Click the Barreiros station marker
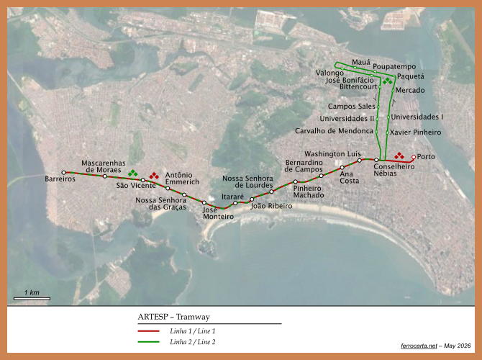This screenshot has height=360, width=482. point(63,173)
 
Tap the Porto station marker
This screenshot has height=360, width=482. point(414,157)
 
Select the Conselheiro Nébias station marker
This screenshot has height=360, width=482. point(376,160)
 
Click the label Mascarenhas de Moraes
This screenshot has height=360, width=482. point(104,166)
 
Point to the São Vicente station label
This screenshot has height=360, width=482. point(136,186)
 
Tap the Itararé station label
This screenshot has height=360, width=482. point(232,197)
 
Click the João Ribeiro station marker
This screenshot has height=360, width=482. point(252,199)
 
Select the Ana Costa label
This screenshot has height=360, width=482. point(349,178)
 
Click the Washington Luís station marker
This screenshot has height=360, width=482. point(360,161)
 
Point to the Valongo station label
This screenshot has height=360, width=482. point(329,73)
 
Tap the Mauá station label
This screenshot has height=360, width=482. point(361,63)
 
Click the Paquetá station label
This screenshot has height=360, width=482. point(411,76)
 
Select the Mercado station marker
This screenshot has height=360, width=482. point(393,91)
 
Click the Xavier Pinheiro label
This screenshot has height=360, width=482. point(415,132)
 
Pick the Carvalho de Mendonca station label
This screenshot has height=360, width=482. point(334,131)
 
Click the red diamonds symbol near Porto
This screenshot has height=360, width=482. point(399,156)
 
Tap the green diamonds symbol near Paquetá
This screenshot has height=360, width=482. point(387,81)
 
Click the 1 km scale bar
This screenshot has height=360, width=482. point(32,299)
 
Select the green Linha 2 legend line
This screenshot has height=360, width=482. point(148,342)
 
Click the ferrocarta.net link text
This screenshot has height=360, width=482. point(419,346)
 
